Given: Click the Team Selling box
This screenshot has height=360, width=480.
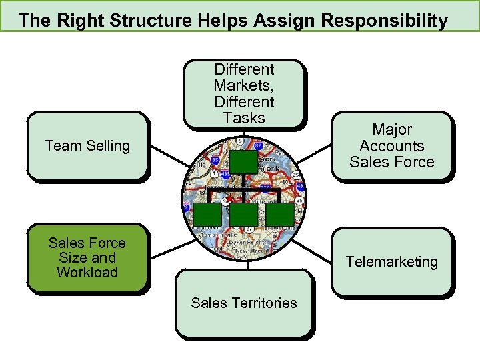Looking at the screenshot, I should (87, 146).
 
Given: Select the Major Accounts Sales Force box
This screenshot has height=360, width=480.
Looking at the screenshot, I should (392, 146).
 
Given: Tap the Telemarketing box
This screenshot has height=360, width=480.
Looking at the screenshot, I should (391, 261).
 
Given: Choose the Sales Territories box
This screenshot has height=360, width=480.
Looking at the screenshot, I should (244, 303).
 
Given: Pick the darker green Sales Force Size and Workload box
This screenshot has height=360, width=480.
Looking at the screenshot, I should (87, 258).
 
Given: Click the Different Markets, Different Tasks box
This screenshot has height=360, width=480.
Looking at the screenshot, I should (244, 93).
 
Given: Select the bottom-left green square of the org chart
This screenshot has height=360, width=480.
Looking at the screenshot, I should (206, 213).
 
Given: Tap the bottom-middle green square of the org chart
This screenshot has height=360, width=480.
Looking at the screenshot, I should (244, 213).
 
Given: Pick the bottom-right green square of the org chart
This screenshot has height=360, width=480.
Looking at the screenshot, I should (281, 213).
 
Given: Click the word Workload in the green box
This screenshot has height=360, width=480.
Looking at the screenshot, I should (87, 272).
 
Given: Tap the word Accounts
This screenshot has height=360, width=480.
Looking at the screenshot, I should (392, 146).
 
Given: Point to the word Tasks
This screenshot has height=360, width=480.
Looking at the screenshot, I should (244, 118).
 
